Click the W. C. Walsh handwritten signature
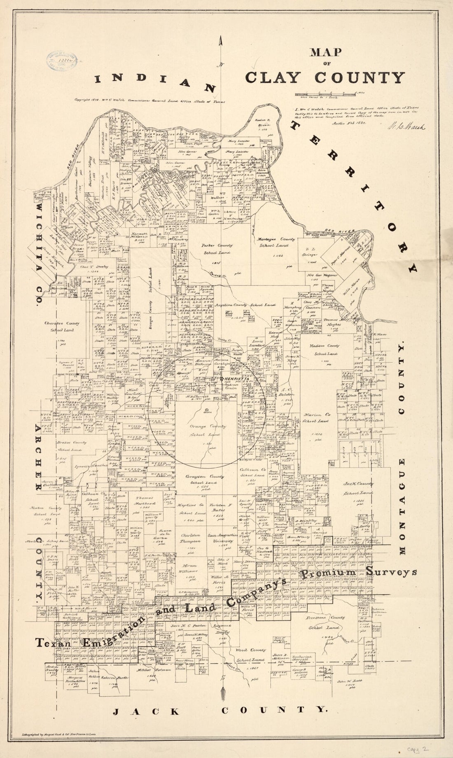point(406,126)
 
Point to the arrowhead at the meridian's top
point(222,41)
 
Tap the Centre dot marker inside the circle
point(206,410)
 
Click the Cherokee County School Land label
point(62,327)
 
